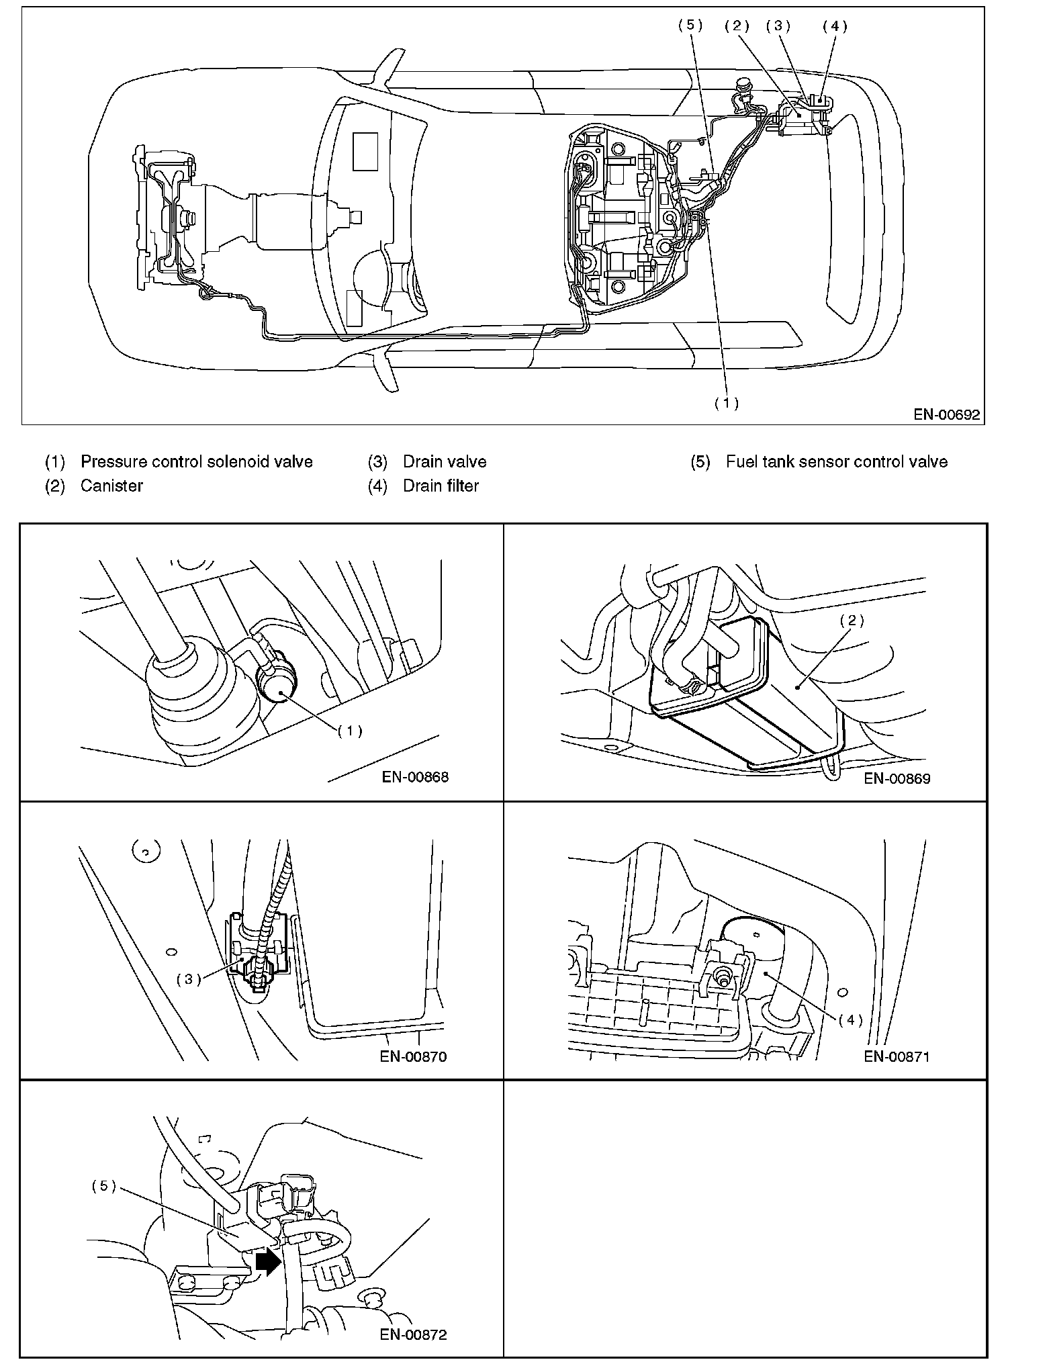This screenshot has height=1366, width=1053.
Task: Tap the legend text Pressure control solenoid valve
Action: [196, 461]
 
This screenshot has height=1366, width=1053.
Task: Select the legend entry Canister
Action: [111, 486]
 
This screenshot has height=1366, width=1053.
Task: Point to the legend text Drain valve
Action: [445, 461]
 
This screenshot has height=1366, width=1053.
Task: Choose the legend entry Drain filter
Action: [441, 486]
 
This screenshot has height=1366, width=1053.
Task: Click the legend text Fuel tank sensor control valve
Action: [837, 461]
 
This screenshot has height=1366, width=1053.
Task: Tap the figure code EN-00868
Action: [415, 777]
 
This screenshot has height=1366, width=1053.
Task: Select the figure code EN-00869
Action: [897, 778]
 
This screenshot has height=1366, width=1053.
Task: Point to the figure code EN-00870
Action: [413, 1056]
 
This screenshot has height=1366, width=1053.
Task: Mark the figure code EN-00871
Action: [897, 1056]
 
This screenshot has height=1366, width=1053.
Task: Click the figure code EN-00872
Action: [413, 1333]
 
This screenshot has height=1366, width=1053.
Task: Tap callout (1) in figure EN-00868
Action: [350, 731]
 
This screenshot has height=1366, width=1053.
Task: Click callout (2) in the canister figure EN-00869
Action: [852, 621]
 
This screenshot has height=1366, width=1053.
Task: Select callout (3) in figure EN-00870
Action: [189, 978]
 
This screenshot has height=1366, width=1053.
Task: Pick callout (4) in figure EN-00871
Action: [850, 1019]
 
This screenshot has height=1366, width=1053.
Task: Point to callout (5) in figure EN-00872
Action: [104, 1186]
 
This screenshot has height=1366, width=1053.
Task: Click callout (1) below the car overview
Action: [726, 403]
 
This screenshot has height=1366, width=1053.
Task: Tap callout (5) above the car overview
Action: [690, 26]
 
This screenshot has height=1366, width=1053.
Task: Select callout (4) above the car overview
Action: [835, 26]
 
